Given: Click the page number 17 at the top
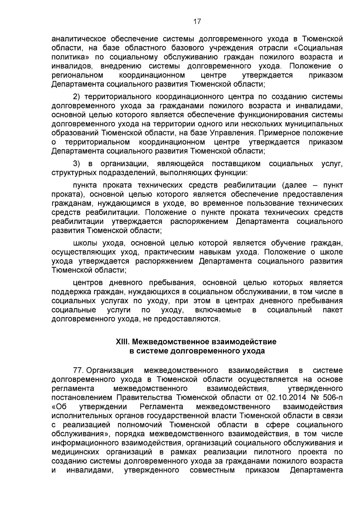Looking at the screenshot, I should pyautogui.click(x=197, y=22).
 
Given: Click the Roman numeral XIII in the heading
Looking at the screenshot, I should pyautogui.click(x=122, y=342).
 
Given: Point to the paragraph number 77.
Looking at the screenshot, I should pyautogui.click(x=78, y=370).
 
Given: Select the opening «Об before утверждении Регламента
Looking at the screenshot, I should pyautogui.click(x=59, y=407).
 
